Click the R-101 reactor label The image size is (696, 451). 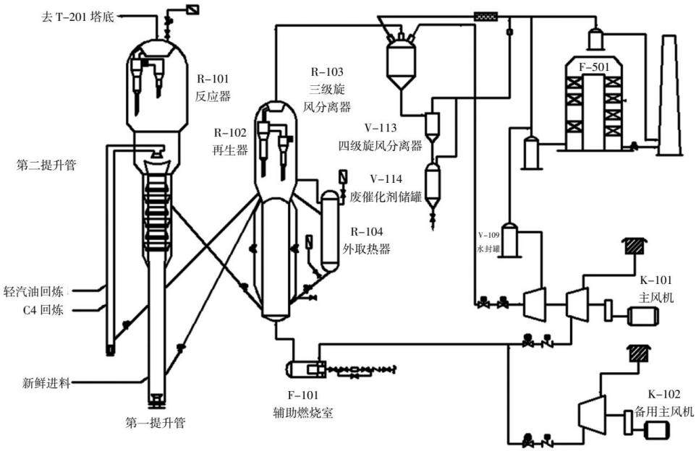click(x=213, y=87)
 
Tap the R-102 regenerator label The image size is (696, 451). click(x=230, y=142)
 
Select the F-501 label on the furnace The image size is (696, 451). click(x=594, y=67)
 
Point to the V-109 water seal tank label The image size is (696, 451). click(x=488, y=242)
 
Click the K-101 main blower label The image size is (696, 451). click(x=656, y=288)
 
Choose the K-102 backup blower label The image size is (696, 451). click(x=664, y=403)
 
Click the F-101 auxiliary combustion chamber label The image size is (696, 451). click(x=303, y=404)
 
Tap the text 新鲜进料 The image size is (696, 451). click(x=46, y=382)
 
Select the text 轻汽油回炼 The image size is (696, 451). click(x=33, y=291)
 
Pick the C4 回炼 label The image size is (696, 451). click(x=43, y=309)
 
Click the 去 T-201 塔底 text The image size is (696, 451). click(x=77, y=17)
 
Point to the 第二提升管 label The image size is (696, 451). click(x=46, y=166)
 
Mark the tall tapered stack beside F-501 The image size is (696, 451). click(x=670, y=95)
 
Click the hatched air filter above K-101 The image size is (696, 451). click(x=635, y=246)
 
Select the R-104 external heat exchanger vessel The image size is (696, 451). click(x=329, y=231)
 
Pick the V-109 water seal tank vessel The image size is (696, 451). click(x=510, y=239)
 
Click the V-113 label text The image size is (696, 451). click(x=381, y=128)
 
